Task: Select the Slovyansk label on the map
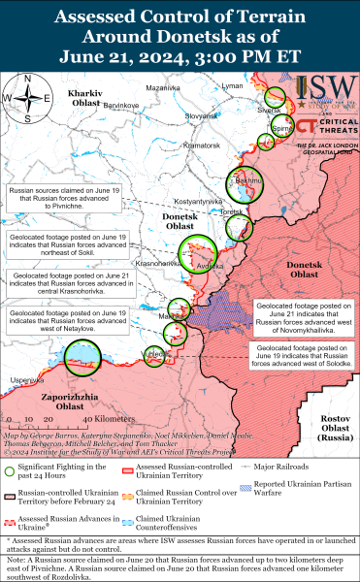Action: click(206, 115)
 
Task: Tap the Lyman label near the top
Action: click(233, 86)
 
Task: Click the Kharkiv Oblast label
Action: click(92, 96)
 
